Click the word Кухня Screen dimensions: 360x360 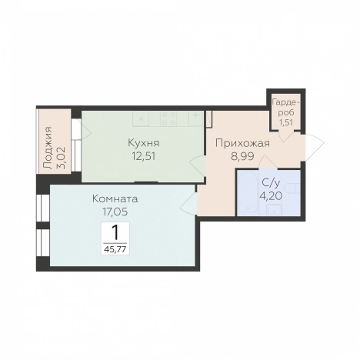(x=144, y=143)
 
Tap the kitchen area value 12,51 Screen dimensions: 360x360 (x=144, y=156)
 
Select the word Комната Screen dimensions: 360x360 (x=115, y=199)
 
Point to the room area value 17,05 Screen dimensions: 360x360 (x=115, y=212)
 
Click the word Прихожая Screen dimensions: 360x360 (x=242, y=143)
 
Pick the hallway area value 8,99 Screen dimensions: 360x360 (x=242, y=156)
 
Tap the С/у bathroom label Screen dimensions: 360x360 (x=271, y=183)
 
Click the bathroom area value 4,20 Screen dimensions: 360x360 (x=271, y=196)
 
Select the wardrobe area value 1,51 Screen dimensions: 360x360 (x=286, y=122)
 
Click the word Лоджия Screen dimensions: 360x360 (x=48, y=148)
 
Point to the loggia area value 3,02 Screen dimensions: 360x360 (x=62, y=158)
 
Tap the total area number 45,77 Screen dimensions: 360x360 (x=115, y=249)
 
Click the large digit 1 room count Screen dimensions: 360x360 (x=115, y=233)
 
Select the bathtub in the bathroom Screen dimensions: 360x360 (x=248, y=192)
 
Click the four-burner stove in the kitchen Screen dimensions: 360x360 (x=169, y=118)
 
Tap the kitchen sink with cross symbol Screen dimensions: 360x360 (x=195, y=118)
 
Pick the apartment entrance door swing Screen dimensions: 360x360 (x=315, y=148)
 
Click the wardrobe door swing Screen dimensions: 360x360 (x=286, y=136)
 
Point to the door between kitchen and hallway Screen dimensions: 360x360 (x=198, y=166)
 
